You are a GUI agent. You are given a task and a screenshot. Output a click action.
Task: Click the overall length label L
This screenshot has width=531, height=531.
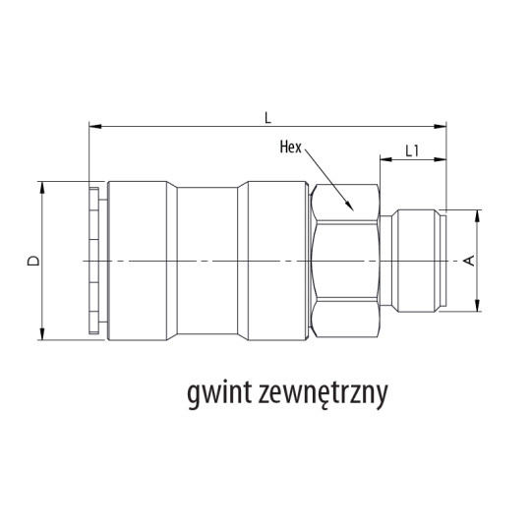point(266,115)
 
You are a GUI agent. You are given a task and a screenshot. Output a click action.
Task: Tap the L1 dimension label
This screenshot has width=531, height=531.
point(413,152)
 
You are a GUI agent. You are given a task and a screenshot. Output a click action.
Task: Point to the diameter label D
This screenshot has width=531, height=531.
point(31,262)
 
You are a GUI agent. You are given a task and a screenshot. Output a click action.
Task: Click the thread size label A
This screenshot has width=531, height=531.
point(469,260)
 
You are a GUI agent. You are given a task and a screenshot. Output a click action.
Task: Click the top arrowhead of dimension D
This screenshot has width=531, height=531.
point(43,185)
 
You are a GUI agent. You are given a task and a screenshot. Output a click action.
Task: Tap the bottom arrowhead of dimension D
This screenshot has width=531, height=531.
point(43,335)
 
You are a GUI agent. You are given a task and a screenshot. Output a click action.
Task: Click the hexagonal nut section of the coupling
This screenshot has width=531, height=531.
point(344,261)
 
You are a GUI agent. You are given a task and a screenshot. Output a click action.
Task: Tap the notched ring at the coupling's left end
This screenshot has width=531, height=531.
point(93,261)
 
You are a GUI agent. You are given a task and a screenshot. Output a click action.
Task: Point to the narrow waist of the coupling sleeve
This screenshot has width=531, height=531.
point(211,261)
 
